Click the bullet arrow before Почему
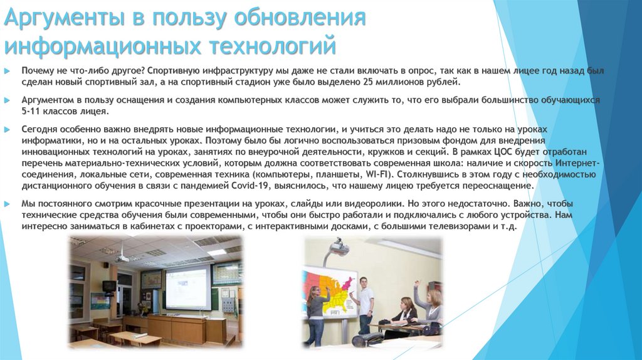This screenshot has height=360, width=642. [7, 71]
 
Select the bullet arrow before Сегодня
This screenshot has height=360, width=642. [7, 129]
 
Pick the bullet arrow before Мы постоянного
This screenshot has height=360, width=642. [7, 204]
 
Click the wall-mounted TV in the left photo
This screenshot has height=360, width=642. [108, 286]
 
